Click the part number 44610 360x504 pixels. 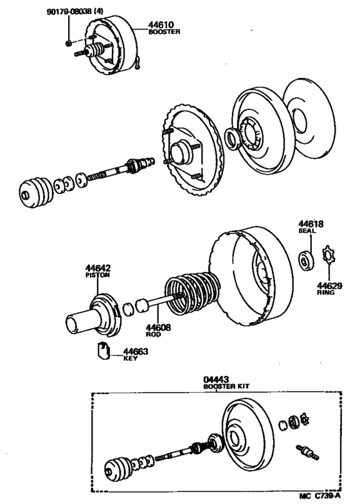[163, 24]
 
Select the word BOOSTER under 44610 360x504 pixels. [163, 31]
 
